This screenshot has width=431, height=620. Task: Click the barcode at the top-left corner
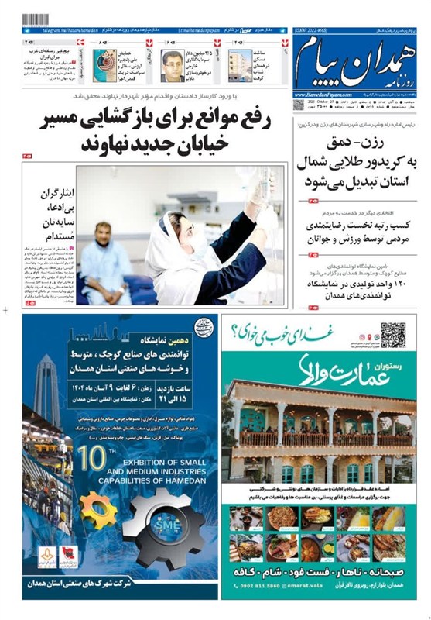(x=35, y=19)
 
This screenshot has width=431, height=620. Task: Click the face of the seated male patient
(x=103, y=232)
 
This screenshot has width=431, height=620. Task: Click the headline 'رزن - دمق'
(x=358, y=140)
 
